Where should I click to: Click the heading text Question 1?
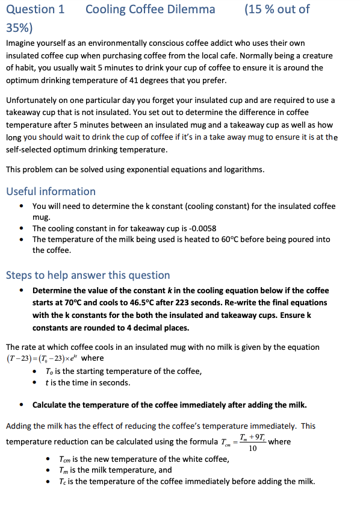click(35, 9)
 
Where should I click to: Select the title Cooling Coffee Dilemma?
click(150, 9)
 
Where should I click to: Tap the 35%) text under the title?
click(19, 28)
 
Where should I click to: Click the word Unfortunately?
click(34, 100)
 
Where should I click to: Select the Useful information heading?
click(51, 191)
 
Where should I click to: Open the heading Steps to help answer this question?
click(88, 275)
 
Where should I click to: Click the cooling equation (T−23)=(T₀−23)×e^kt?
click(40, 359)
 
